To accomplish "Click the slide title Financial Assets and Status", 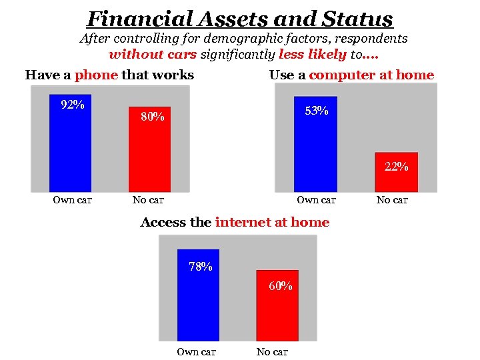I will click(240, 18).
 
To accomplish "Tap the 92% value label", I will click(72, 105).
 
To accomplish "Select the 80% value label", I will click(152, 117).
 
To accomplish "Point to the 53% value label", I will click(316, 111).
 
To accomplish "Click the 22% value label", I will click(396, 167).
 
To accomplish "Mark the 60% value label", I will click(280, 286).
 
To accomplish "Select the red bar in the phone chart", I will click(149, 157).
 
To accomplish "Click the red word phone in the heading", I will click(96, 75).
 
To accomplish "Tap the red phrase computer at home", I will click(371, 75).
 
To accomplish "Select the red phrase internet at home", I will click(272, 222).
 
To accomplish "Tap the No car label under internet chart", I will click(272, 351).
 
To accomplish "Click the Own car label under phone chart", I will click(73, 199).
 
